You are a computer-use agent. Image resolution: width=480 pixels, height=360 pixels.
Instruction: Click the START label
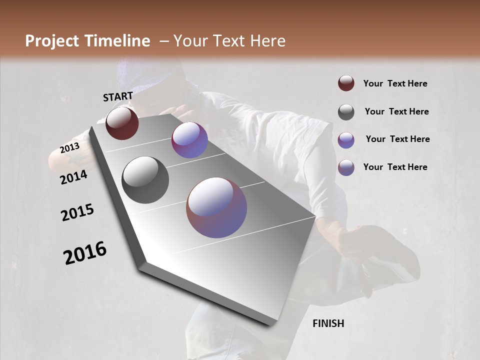click(x=118, y=96)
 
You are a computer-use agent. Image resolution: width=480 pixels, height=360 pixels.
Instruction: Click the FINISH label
click(x=328, y=323)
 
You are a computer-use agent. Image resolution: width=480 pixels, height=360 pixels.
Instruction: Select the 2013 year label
click(x=69, y=148)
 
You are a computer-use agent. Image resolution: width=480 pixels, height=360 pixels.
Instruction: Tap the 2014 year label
click(x=74, y=177)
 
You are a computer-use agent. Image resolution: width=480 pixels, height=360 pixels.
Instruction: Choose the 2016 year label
click(x=85, y=253)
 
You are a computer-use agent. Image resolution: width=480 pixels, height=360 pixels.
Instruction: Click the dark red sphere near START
click(x=122, y=123)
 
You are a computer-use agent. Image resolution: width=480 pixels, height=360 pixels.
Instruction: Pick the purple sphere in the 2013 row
click(x=189, y=140)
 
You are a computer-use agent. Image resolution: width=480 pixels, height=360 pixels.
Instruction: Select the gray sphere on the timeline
click(x=145, y=180)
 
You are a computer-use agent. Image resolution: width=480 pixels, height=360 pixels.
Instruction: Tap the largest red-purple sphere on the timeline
click(x=216, y=207)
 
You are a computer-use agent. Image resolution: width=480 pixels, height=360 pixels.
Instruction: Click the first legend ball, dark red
click(x=346, y=83)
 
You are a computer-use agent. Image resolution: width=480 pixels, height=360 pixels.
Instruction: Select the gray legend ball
click(x=346, y=112)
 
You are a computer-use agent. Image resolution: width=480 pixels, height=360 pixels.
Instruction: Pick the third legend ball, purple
click(x=346, y=140)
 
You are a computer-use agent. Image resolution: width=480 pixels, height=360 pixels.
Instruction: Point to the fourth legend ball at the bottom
click(x=346, y=167)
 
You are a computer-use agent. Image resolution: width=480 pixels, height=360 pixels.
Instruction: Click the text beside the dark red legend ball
click(x=395, y=83)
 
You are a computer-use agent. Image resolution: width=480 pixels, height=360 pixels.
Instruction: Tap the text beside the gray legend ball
click(x=396, y=111)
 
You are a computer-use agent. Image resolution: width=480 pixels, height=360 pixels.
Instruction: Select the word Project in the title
click(x=52, y=41)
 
